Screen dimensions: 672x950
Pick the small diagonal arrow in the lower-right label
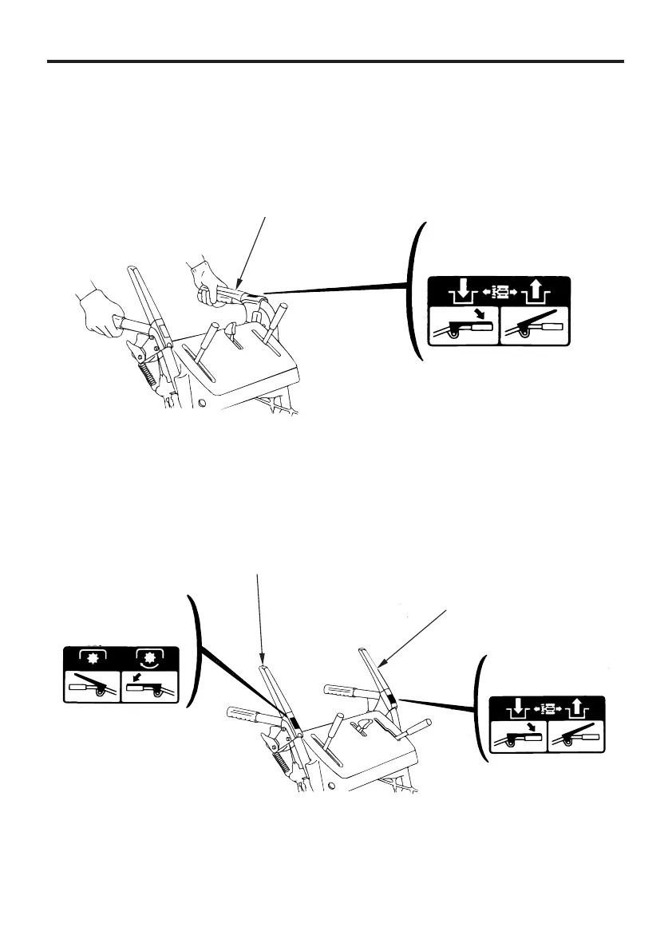pyautogui.click(x=528, y=727)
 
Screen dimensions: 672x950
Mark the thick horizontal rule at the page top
pyautogui.click(x=335, y=61)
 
